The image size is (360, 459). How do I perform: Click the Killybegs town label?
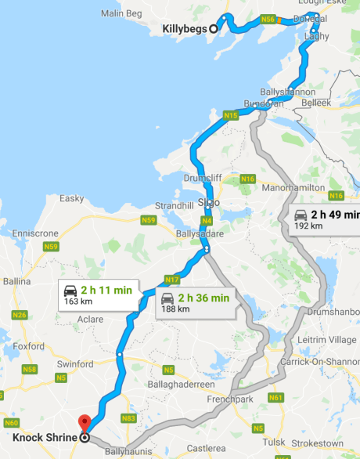point(184,29)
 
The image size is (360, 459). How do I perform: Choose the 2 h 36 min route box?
point(196,302)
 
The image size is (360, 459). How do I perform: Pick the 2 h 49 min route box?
point(326,219)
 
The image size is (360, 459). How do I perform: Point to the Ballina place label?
point(16,280)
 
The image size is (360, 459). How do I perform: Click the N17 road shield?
point(172,279)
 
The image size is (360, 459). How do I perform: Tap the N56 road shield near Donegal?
point(268,19)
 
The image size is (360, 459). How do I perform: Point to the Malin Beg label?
point(121,13)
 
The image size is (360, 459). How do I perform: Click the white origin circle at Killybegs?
point(213,29)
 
